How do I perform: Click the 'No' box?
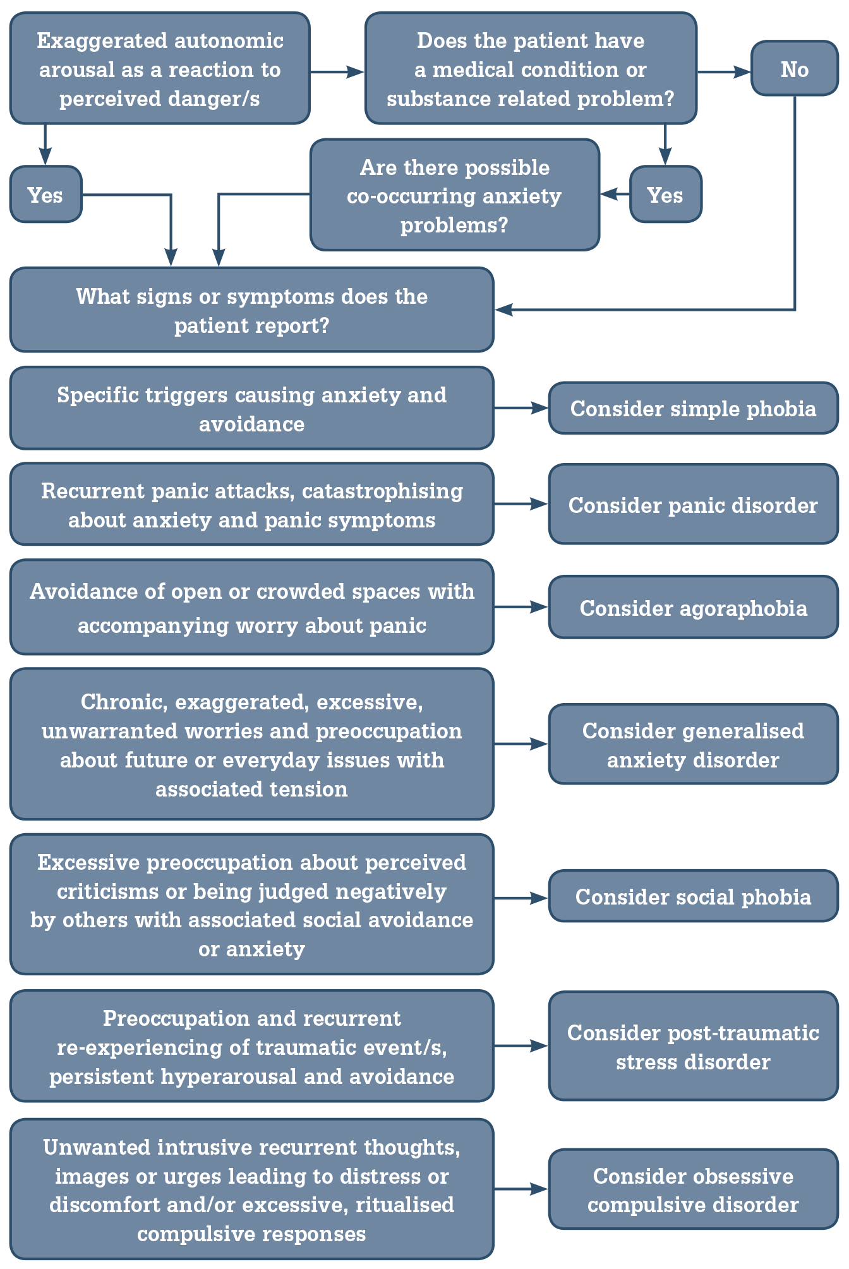(794, 69)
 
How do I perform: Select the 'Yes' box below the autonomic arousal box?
(45, 195)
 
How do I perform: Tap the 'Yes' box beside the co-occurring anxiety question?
(665, 195)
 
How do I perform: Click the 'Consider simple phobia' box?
(693, 409)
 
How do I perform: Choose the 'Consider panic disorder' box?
(693, 505)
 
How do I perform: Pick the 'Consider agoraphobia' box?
(693, 608)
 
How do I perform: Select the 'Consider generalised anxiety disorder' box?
(693, 745)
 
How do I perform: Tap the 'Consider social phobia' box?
(693, 896)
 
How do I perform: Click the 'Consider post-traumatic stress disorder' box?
(693, 1047)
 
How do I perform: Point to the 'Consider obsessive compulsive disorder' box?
(693, 1190)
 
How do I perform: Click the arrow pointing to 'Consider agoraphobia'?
(521, 607)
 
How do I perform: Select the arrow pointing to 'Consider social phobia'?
(521, 898)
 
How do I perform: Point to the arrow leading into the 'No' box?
(724, 72)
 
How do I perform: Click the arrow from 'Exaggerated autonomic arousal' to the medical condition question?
(337, 72)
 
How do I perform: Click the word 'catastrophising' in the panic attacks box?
(383, 491)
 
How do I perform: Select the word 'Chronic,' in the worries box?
(124, 702)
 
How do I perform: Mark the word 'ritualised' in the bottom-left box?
(405, 1205)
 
